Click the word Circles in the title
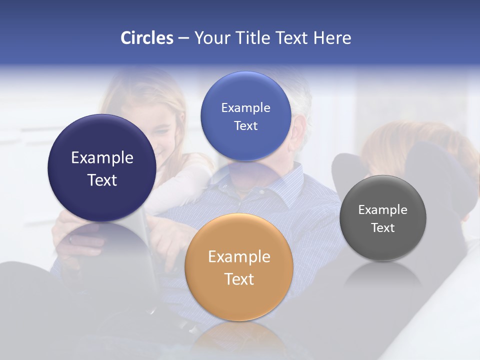147,38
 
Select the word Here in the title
332,38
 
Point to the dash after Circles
183,38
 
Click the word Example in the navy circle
102,158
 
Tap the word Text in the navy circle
102,180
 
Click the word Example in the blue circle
245,108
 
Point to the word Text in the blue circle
245,125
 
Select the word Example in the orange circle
239,257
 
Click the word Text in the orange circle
239,279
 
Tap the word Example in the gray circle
382,210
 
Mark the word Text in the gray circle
382,228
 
